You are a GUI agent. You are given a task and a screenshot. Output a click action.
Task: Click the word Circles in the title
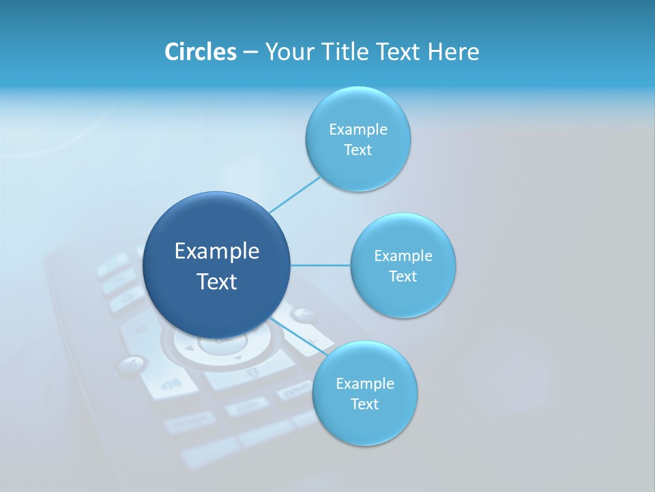click(200, 52)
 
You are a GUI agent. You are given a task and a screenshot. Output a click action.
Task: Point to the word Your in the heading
click(290, 52)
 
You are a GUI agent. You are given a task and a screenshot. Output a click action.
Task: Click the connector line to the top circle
click(295, 195)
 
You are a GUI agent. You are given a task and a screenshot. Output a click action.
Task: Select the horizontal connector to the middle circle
click(321, 265)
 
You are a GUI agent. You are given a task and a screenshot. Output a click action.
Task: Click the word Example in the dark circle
click(217, 251)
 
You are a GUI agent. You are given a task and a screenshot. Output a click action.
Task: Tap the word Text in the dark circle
click(217, 282)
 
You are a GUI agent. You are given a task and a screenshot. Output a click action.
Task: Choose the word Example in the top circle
click(358, 129)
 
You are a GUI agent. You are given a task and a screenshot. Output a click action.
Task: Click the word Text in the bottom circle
click(364, 404)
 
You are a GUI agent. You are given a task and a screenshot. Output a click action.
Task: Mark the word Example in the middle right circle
click(403, 256)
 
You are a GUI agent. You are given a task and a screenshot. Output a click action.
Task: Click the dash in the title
click(250, 52)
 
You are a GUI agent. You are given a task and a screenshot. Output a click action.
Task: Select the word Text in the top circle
click(358, 150)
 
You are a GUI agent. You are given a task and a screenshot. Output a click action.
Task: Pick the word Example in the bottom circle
click(365, 383)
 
